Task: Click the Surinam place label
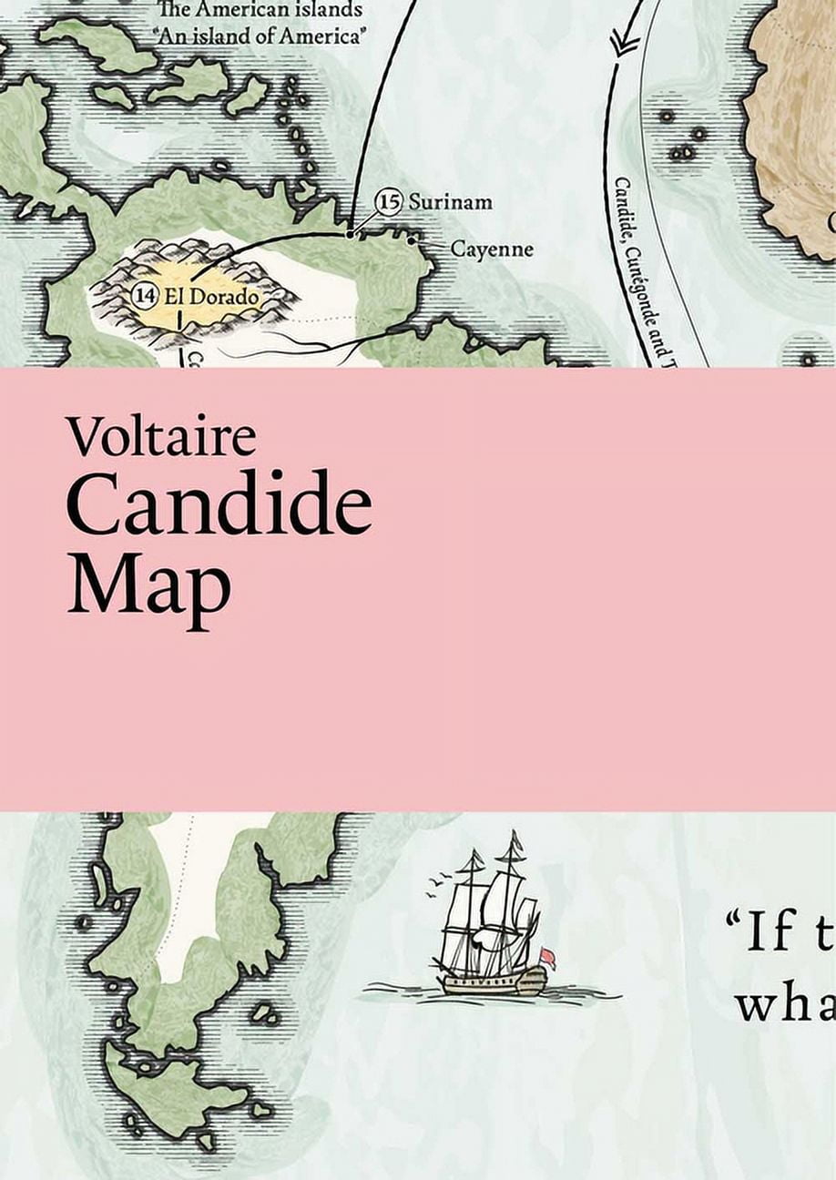tap(449, 201)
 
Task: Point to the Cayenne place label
tap(492, 249)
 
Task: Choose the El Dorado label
tap(209, 296)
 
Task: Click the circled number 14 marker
tap(144, 295)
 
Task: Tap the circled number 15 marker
tap(389, 201)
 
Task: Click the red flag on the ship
tap(547, 958)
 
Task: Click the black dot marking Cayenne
tap(412, 240)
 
